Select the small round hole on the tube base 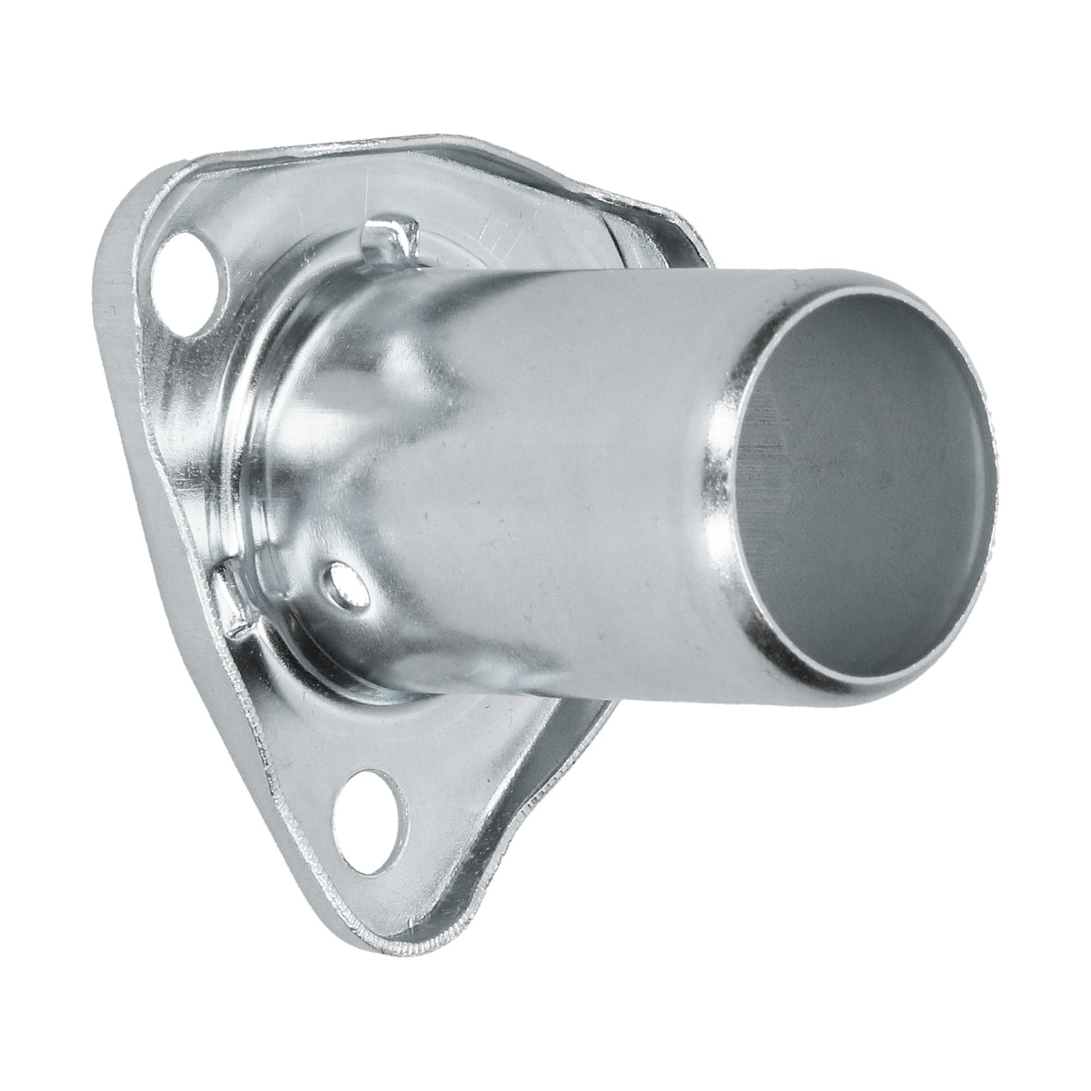click(x=344, y=581)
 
